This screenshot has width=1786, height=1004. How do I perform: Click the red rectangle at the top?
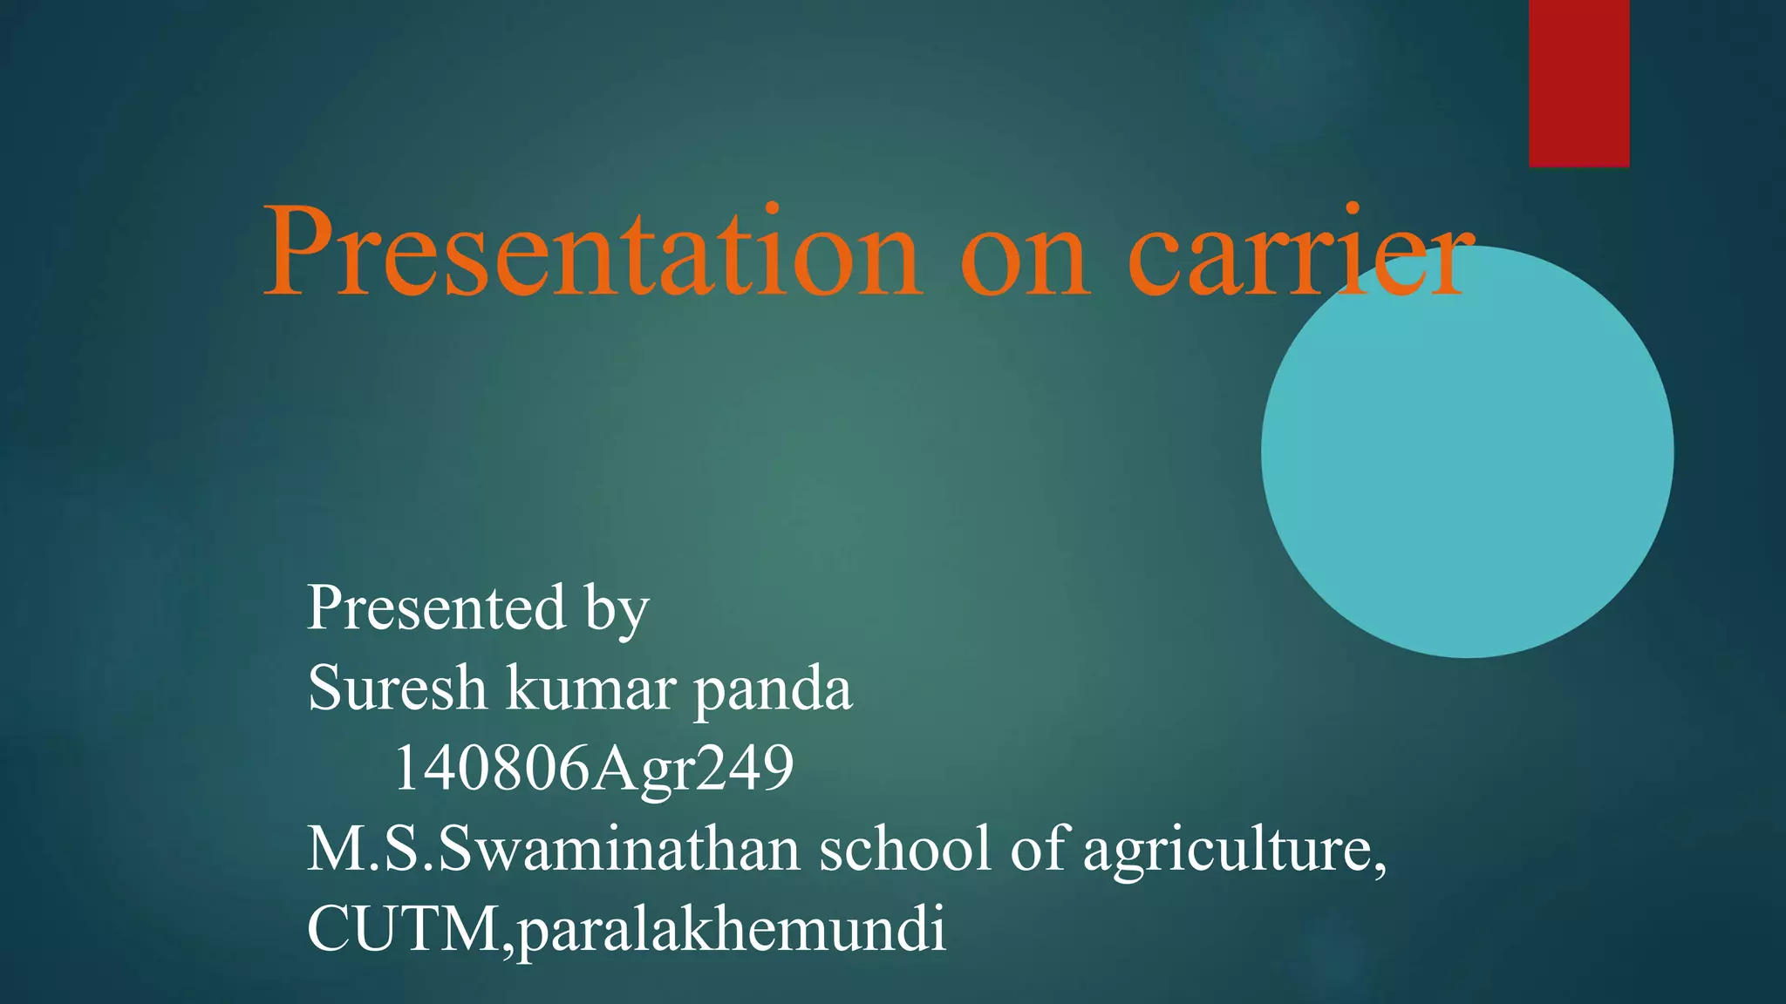[x=1578, y=83]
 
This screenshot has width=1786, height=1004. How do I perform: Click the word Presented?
[x=436, y=607]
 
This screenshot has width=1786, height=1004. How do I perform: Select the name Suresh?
[x=397, y=689]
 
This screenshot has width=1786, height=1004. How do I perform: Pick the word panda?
[x=773, y=690]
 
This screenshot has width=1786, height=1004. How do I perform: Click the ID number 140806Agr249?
[x=593, y=769]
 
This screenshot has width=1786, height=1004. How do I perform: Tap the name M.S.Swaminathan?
[x=553, y=849]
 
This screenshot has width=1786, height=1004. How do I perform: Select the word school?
[x=904, y=849]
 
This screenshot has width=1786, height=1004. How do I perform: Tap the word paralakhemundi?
[x=732, y=931]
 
